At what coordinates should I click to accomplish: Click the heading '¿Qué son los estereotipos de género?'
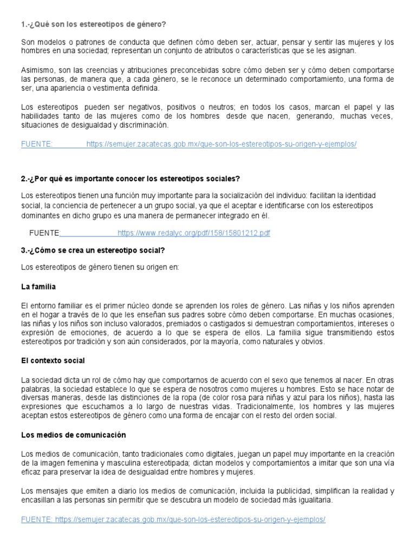coord(93,24)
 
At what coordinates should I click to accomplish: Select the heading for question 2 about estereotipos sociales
coord(131,179)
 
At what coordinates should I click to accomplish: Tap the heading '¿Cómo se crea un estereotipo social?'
coord(93,250)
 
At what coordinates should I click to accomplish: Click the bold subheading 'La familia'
coord(38,286)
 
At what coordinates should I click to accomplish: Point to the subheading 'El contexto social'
coord(53,360)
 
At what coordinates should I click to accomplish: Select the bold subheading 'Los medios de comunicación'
coord(73,434)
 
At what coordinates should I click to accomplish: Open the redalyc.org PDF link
coord(193,233)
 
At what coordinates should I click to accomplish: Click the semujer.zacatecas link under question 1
coord(221,144)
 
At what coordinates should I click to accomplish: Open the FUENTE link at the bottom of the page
coord(173,519)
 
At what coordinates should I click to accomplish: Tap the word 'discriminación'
coord(142,125)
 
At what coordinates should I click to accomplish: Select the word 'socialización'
coord(227,195)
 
